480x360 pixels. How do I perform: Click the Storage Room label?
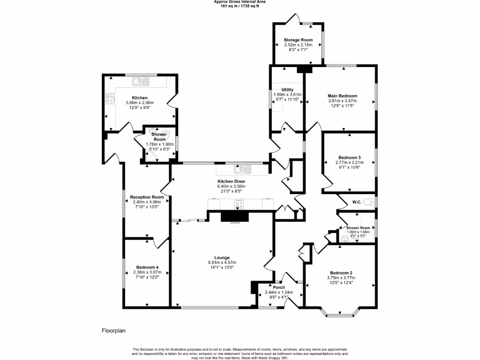(298, 40)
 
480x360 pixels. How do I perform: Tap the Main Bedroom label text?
(342, 96)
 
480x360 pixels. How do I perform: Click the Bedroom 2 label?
(341, 273)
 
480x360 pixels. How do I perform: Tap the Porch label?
(279, 287)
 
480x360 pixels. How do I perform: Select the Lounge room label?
(222, 257)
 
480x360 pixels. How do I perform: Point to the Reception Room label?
(147, 197)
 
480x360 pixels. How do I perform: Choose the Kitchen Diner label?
(231, 181)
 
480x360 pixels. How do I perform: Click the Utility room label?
(287, 90)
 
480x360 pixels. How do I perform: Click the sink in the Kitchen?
(140, 82)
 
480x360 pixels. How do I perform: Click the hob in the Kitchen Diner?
(239, 204)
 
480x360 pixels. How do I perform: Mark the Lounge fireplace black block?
(236, 216)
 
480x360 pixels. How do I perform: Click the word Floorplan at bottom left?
(114, 330)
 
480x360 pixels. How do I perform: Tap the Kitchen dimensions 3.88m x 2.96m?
(140, 103)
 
